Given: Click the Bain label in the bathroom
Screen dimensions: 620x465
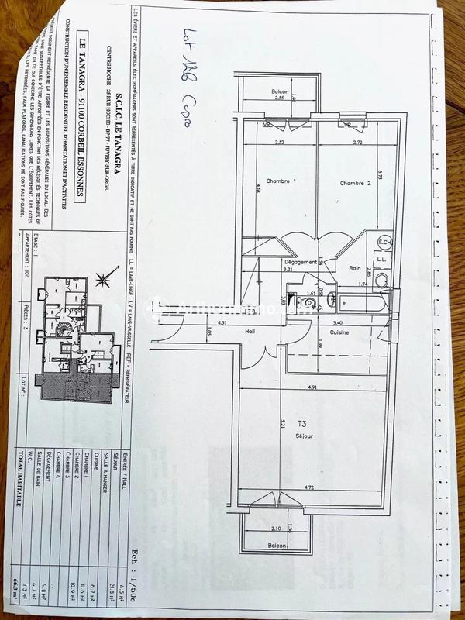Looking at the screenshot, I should click(x=355, y=268).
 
